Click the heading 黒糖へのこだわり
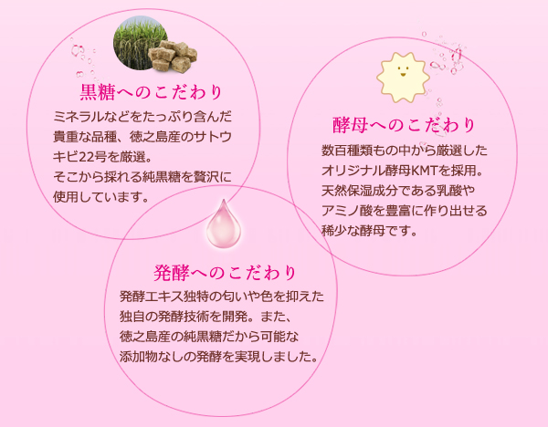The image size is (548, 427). coord(151,92)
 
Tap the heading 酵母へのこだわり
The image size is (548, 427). coord(404,125)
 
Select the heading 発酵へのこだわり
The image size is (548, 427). coord(225,273)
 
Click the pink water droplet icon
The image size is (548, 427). coord(224,224)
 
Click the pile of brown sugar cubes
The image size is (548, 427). coord(173,57)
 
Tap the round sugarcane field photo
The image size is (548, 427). coord(140,43)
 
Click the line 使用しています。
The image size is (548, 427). coord(101,197)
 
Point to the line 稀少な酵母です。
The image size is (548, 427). coord(369,231)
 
